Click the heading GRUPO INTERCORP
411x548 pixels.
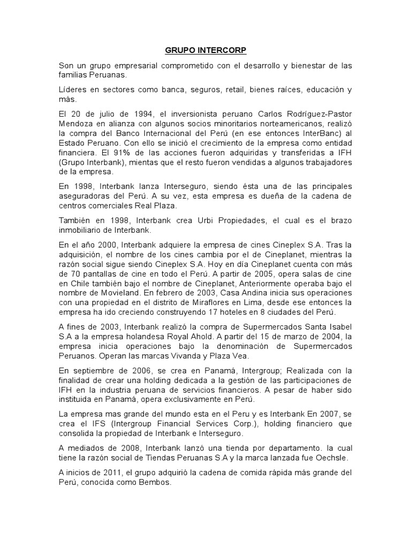point(205,51)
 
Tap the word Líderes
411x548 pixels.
point(72,89)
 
